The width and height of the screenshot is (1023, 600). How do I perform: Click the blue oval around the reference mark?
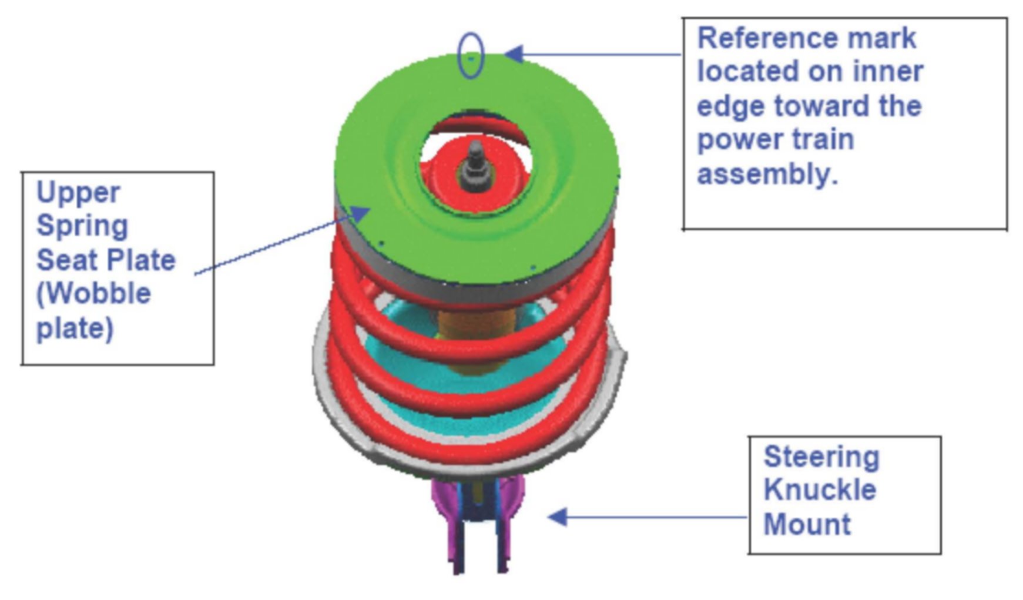[x=471, y=56]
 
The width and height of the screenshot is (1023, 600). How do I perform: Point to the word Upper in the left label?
[x=78, y=193]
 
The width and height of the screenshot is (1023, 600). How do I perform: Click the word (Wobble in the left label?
[x=94, y=293]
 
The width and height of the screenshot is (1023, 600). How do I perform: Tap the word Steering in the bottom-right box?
[x=821, y=457]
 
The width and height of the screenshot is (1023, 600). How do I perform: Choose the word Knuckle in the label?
[x=819, y=490]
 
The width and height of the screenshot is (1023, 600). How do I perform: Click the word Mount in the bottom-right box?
[x=807, y=524]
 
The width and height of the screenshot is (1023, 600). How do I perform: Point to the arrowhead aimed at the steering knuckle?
[x=557, y=517]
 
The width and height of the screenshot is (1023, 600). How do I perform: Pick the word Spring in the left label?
[x=82, y=226]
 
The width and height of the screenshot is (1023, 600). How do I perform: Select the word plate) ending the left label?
[x=75, y=328]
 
